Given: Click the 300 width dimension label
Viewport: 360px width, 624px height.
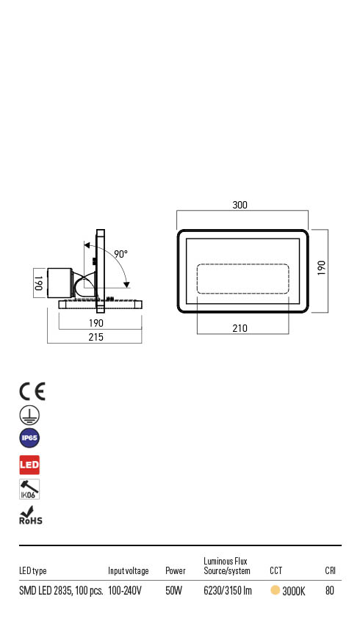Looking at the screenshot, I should click(240, 205).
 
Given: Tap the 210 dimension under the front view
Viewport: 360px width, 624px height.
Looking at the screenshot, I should click(240, 328).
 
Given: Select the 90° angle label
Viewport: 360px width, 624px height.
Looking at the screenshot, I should click(120, 254).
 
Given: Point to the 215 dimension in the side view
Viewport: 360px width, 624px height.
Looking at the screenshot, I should click(95, 337).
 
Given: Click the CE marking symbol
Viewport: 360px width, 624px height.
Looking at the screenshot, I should click(32, 391).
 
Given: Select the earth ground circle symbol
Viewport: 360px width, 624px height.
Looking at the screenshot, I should click(29, 415).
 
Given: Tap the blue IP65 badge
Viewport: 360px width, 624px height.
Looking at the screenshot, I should click(29, 439).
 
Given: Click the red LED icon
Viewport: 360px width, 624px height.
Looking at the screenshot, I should click(29, 465).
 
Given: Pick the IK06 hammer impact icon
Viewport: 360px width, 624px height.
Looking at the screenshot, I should click(29, 490).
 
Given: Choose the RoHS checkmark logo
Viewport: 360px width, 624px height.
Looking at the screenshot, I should click(30, 516).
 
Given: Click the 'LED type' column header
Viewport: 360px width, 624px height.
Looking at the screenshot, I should click(33, 571).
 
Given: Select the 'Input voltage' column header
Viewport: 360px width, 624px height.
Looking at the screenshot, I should click(128, 571).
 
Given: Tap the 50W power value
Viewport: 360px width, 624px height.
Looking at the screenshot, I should click(173, 591).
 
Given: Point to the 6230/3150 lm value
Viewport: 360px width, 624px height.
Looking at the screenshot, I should click(228, 591).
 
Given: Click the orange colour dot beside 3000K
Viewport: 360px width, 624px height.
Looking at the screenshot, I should click(275, 590).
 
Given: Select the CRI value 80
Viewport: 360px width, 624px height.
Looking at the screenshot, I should click(330, 591).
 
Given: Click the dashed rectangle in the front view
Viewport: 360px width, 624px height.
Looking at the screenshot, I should click(242, 280).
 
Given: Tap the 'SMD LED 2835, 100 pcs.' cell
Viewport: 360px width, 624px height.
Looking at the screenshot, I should click(60, 591).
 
